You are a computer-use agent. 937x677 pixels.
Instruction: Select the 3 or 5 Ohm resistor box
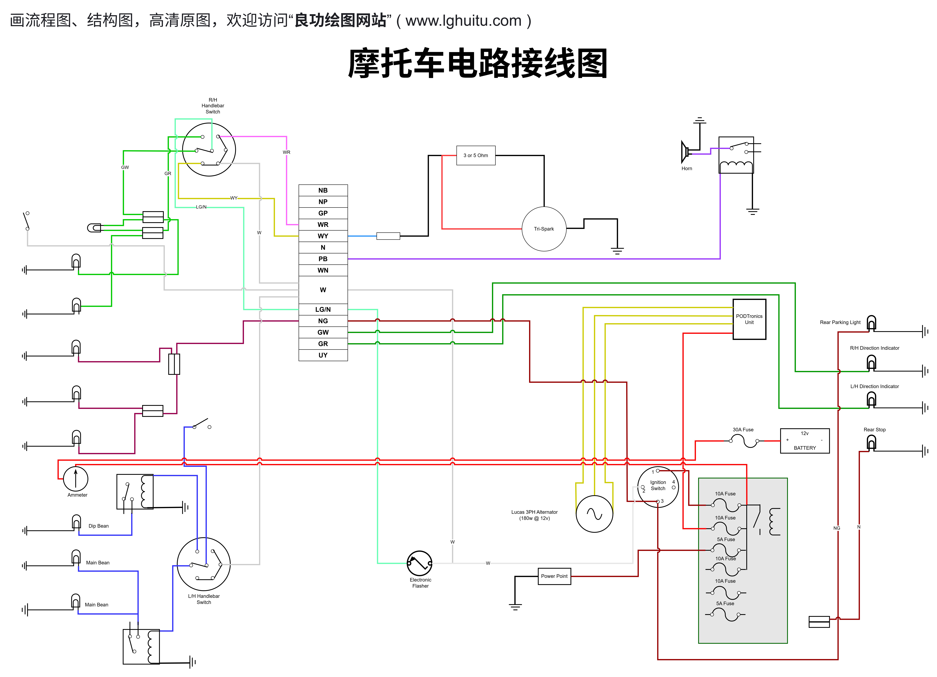pyautogui.click(x=476, y=155)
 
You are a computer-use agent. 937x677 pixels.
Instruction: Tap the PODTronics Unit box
pyautogui.click(x=749, y=319)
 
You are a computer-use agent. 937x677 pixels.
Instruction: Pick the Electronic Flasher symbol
pyautogui.click(x=419, y=563)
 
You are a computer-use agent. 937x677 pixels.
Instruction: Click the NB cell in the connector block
pyautogui.click(x=323, y=190)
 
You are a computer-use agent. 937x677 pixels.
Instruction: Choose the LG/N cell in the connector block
pyautogui.click(x=323, y=309)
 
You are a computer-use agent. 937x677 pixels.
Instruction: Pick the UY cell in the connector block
pyautogui.click(x=323, y=355)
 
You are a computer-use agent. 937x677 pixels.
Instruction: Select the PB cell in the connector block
pyautogui.click(x=323, y=259)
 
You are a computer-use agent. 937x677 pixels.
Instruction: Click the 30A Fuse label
pyautogui.click(x=743, y=429)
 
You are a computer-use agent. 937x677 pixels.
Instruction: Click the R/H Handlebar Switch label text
pyautogui.click(x=213, y=106)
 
